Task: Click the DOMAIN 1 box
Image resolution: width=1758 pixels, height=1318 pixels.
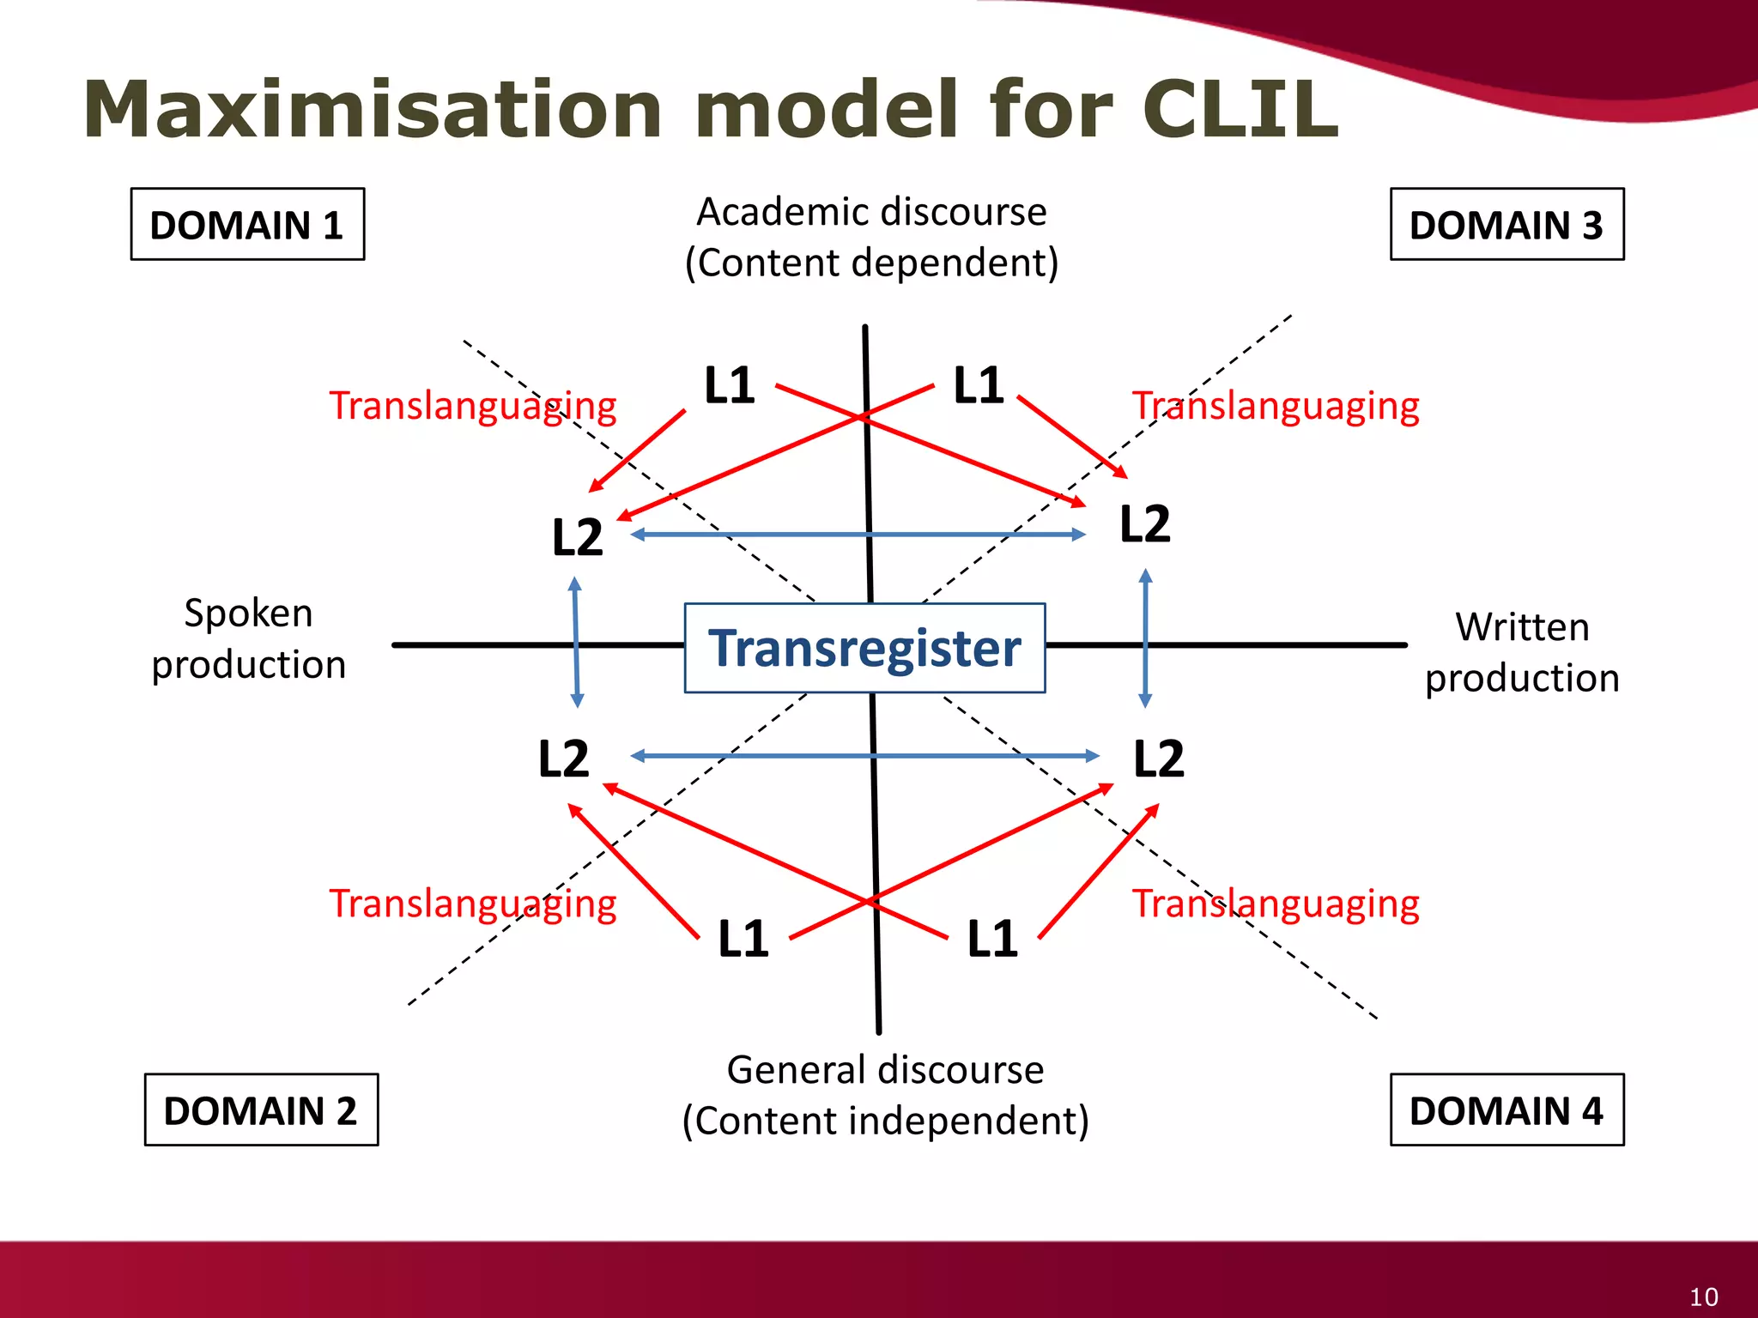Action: click(247, 225)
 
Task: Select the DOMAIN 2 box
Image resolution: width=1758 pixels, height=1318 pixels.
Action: click(261, 1109)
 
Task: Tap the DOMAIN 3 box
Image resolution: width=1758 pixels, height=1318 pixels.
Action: click(1506, 225)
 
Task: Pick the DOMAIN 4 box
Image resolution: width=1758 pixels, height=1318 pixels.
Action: click(1506, 1109)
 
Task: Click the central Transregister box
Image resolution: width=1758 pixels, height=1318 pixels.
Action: click(864, 648)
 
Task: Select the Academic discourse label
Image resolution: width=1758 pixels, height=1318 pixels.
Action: click(871, 212)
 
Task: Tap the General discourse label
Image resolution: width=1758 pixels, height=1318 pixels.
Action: click(885, 1070)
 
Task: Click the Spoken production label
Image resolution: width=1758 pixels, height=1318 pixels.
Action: click(248, 639)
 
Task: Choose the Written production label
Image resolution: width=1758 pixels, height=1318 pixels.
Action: click(1522, 652)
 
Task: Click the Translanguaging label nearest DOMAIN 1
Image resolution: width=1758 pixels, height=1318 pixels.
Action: click(473, 406)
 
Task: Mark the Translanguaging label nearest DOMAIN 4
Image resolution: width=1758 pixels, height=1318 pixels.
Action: click(1276, 904)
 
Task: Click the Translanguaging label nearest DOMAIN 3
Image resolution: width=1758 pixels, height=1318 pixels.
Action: click(1276, 406)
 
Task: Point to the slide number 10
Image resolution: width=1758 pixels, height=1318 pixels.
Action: click(1703, 1297)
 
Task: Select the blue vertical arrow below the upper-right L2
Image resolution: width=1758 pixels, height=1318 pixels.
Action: click(1145, 638)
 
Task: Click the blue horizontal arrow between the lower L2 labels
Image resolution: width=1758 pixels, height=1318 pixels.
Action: click(864, 756)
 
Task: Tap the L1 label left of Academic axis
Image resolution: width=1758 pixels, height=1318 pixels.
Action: click(730, 385)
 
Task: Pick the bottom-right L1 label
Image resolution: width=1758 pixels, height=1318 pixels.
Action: click(992, 939)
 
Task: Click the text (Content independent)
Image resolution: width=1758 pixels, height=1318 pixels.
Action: click(885, 1121)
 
